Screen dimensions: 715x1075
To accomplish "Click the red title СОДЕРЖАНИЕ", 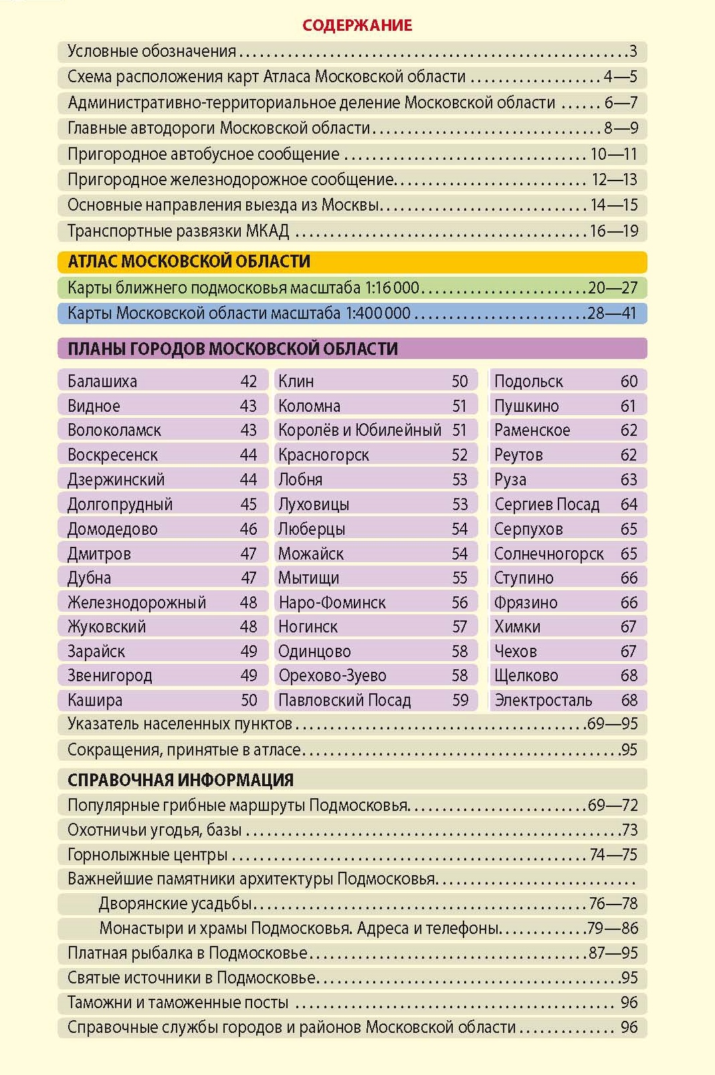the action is coord(357,25).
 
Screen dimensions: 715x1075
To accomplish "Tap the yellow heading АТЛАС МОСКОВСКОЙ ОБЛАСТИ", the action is coord(189,261).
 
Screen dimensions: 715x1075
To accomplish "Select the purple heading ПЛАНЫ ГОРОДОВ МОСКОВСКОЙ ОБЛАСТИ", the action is coord(232,348).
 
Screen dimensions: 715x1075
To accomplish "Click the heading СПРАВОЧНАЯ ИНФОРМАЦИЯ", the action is coord(180,780).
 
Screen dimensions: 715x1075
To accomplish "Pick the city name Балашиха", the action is coord(102,381).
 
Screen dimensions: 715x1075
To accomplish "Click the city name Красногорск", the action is coord(324,455).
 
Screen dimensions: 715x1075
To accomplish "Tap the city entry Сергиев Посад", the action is coord(547,504).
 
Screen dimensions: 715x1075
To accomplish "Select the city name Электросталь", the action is coord(543,700).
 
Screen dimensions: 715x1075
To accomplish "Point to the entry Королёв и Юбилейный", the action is coord(360,430).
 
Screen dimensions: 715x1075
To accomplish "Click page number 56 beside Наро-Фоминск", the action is coord(459,602).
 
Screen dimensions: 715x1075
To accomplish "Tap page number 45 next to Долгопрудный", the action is coord(248,504).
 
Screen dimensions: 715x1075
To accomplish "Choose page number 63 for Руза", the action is coord(629,479).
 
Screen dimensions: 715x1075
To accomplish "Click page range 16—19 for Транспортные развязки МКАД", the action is coord(614,231).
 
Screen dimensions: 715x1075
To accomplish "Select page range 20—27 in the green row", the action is coord(613,287).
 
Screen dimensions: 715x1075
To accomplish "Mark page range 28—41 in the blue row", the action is coord(612,313).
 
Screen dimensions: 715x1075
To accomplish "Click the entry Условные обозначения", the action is coord(152,51).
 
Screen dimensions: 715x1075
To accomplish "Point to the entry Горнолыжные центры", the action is coord(147,854).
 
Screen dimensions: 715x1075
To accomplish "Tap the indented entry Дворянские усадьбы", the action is coord(175,903).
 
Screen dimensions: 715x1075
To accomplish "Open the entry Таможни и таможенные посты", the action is coord(178,1002).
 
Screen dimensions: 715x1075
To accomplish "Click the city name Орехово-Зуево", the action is coord(332,675).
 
